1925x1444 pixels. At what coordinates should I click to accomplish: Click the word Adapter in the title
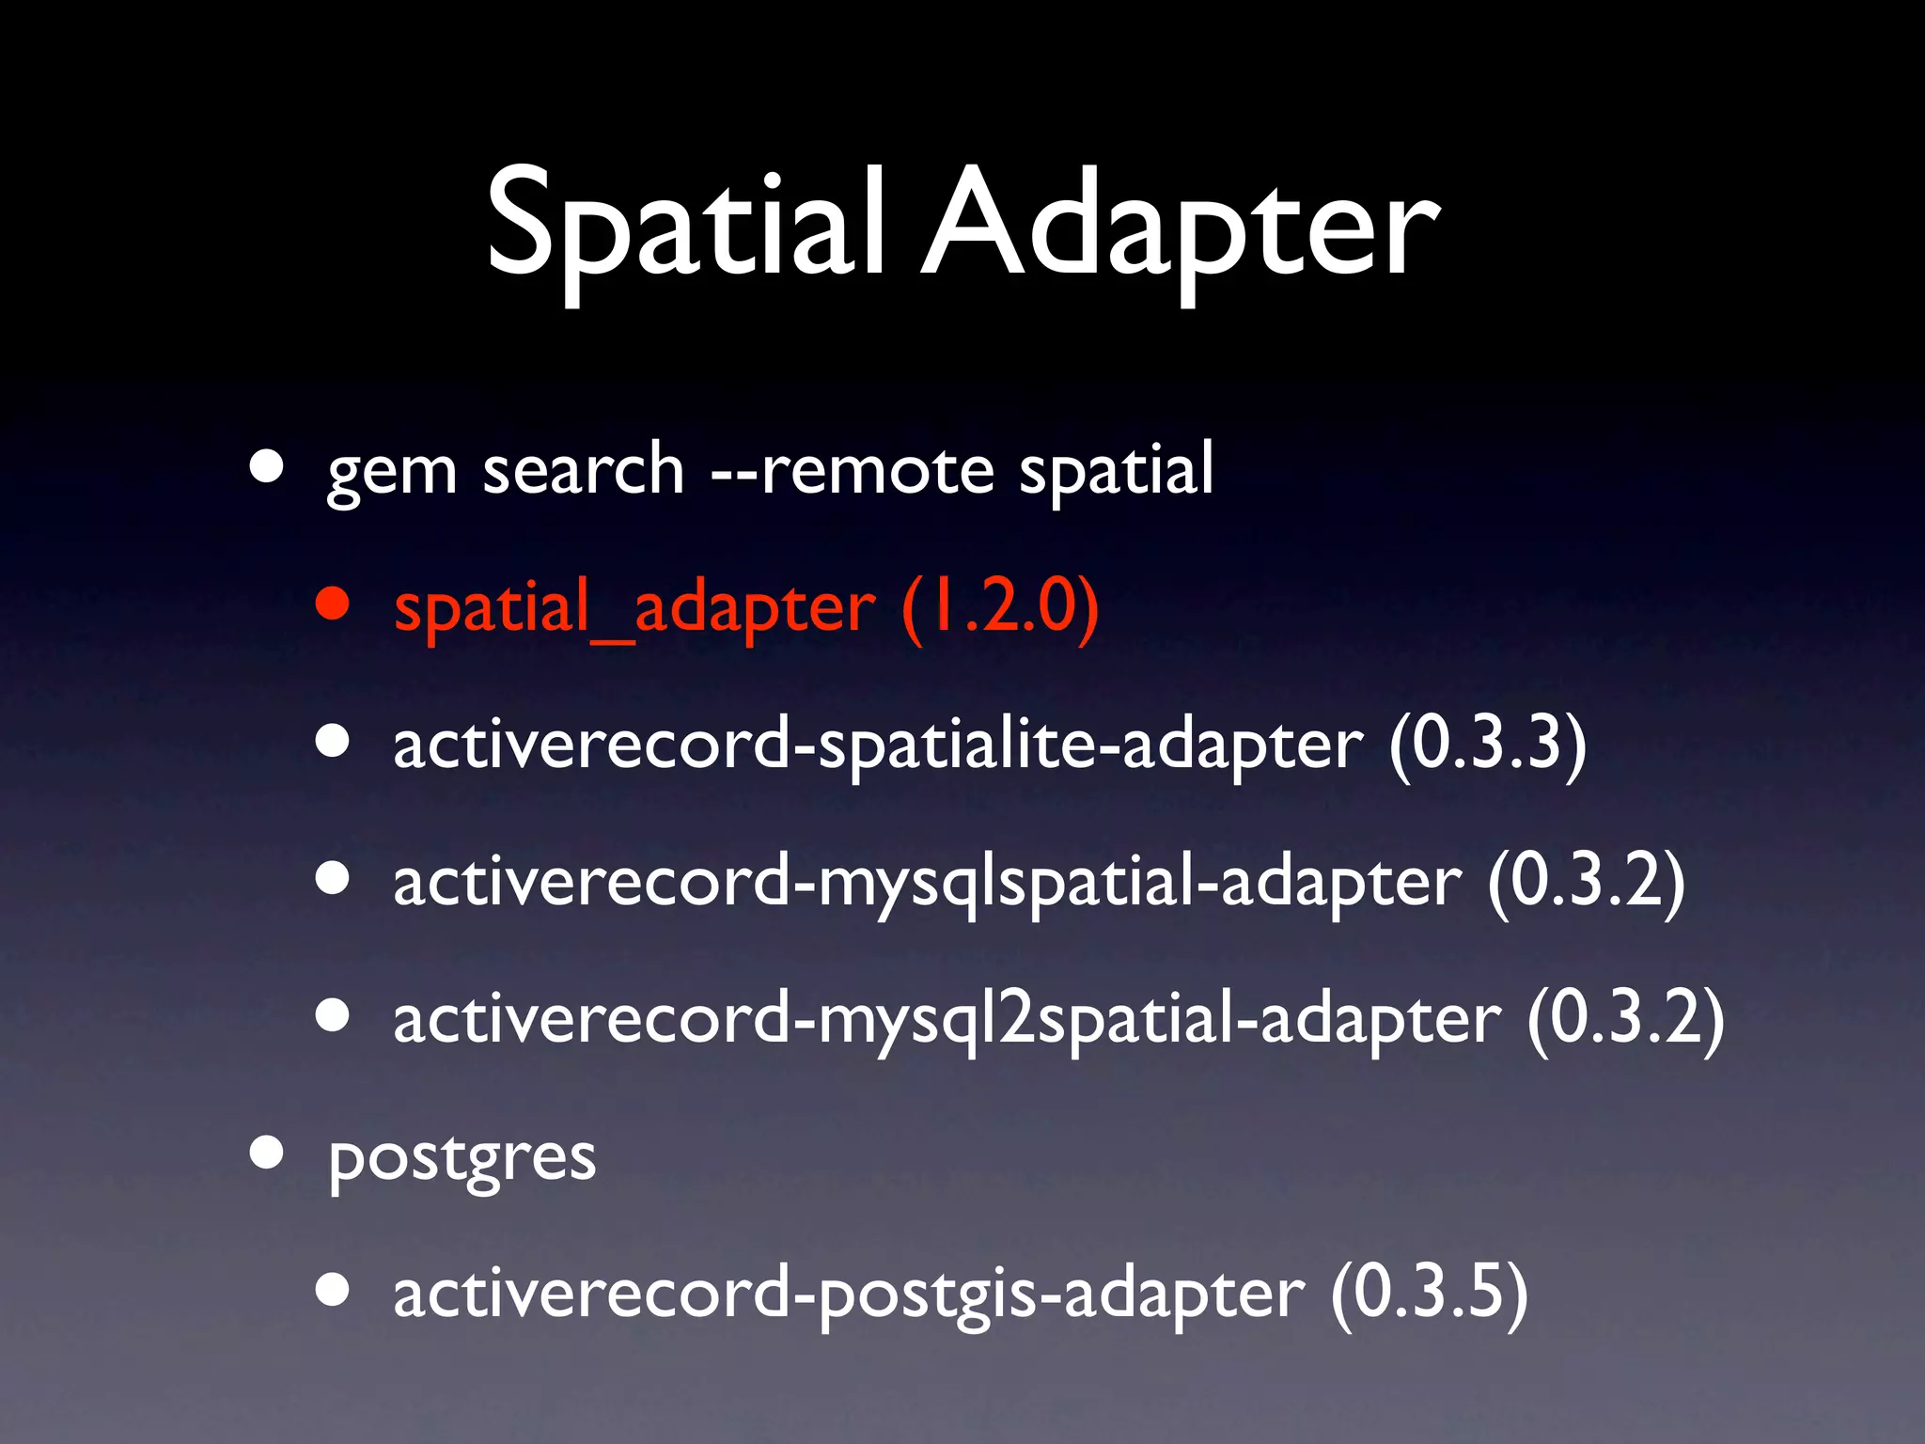[1180, 226]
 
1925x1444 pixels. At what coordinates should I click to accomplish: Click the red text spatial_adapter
[634, 607]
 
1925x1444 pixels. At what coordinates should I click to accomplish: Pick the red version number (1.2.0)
[1000, 607]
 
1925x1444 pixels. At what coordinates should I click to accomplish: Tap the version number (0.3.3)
[1488, 745]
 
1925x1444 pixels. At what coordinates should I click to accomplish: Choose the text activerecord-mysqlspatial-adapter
[927, 882]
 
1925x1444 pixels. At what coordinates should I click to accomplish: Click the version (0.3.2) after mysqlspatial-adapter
[1586, 882]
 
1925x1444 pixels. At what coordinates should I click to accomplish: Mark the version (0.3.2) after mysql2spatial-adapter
[1626, 1019]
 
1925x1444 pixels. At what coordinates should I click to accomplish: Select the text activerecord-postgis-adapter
[849, 1295]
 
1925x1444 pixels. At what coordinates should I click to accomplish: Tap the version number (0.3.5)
[1430, 1295]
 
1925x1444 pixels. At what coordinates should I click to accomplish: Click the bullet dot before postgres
[267, 1153]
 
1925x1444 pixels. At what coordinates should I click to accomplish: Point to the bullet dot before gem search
[267, 466]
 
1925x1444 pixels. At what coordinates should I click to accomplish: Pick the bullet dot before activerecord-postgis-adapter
[334, 1290]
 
